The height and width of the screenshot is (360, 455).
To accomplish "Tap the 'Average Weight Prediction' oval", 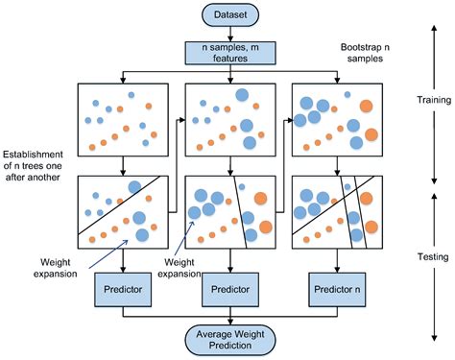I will (x=227, y=338).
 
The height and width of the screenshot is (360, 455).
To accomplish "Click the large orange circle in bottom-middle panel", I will (x=258, y=199).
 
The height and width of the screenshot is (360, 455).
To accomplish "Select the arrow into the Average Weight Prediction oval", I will (x=227, y=320).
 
